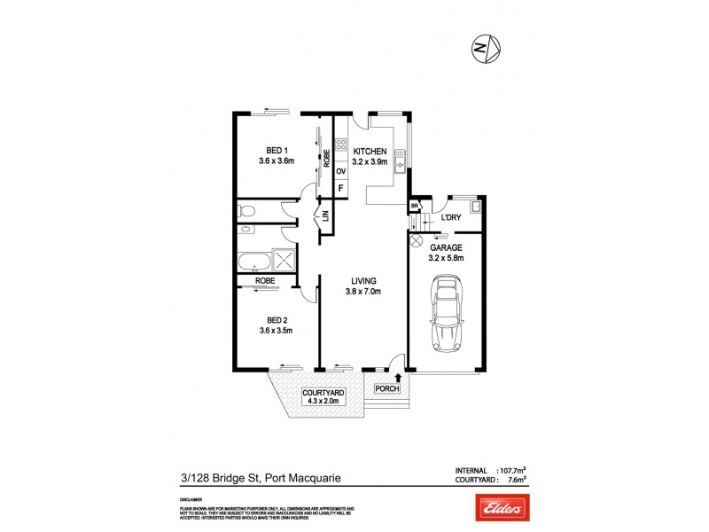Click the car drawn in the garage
click(x=445, y=316)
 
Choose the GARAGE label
click(x=445, y=247)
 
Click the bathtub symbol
click(x=253, y=262)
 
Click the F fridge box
click(x=340, y=189)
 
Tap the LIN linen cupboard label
click(x=325, y=215)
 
